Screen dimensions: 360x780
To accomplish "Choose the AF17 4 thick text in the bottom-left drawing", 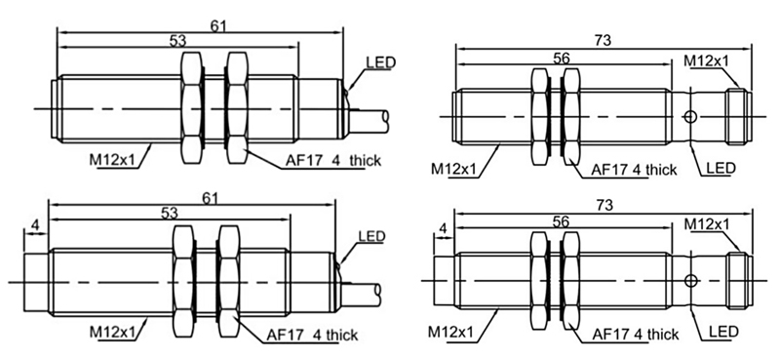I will pyautogui.click(x=311, y=335).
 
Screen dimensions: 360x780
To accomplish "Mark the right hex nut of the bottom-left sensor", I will pyautogui.click(x=229, y=278).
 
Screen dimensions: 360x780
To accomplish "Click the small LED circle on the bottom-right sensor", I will pyautogui.click(x=690, y=282).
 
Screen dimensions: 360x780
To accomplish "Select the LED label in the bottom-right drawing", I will pyautogui.click(x=721, y=334).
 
